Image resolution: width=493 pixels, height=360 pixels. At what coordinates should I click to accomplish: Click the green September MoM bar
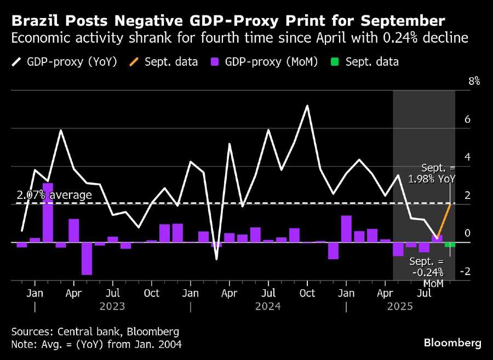tap(450, 245)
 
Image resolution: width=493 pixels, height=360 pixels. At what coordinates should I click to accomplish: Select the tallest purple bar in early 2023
tap(48, 213)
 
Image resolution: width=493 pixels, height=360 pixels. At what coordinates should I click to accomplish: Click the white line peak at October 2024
tap(307, 106)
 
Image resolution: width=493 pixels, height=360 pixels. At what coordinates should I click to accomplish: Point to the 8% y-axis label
tap(473, 81)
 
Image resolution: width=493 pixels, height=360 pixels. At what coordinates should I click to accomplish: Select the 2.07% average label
tap(54, 195)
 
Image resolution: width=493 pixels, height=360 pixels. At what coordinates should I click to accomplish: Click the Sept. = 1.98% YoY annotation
tap(438, 173)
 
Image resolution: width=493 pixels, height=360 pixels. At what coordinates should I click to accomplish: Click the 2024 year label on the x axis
tap(268, 306)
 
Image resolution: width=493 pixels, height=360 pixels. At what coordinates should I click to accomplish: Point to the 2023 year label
tap(112, 306)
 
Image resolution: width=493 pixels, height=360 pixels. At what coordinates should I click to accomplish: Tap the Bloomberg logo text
tap(452, 343)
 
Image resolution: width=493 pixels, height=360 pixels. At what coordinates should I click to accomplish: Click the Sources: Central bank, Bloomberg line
tap(95, 332)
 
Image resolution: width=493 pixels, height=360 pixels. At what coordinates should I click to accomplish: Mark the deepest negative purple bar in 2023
tap(87, 258)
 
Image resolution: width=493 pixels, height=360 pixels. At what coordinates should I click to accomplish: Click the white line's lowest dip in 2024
tap(216, 258)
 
